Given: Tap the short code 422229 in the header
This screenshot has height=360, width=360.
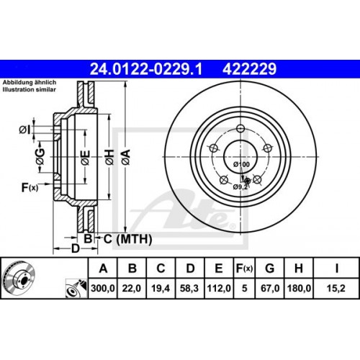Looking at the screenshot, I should [x=250, y=68].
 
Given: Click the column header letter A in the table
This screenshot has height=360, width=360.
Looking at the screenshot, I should [x=104, y=269].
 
